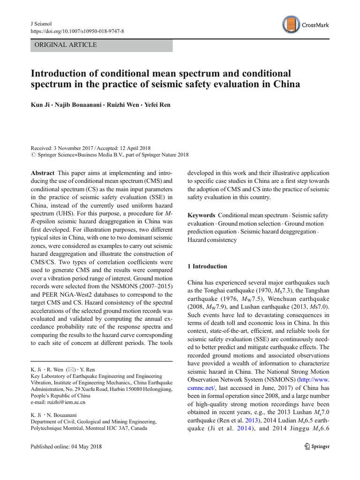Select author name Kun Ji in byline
42,104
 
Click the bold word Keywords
202,215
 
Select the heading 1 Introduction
207,266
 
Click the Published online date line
66,446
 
